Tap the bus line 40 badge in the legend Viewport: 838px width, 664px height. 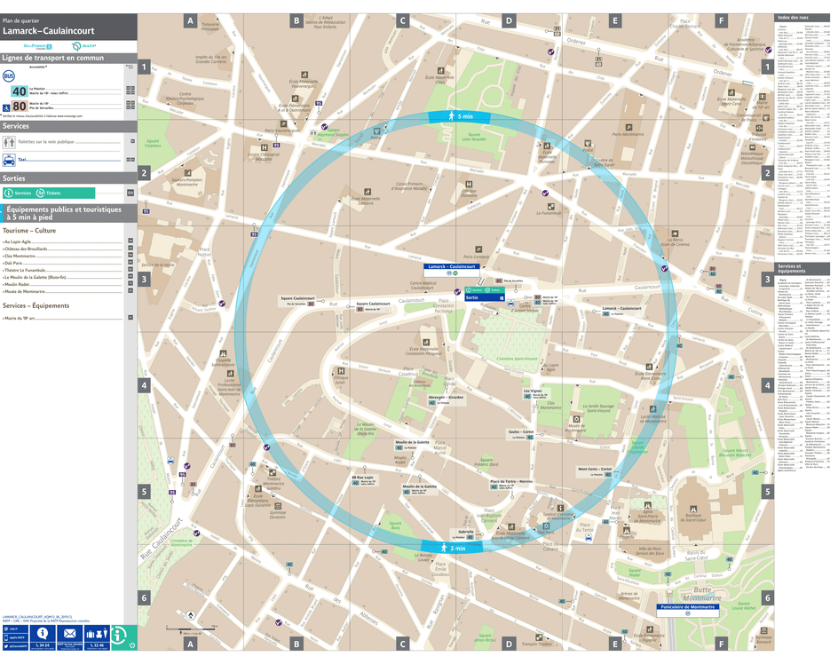pos(19,91)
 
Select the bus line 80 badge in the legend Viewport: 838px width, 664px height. pos(19,107)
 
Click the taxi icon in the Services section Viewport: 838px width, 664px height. pos(9,161)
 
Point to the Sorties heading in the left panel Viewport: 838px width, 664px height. pos(14,178)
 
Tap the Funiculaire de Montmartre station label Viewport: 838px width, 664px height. pos(688,608)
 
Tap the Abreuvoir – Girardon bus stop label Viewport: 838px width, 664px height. pos(446,398)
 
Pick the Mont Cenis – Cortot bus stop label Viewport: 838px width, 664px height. pos(595,469)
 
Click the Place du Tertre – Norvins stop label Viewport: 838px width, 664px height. pos(511,482)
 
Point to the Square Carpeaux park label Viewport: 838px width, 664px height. pos(152,142)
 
